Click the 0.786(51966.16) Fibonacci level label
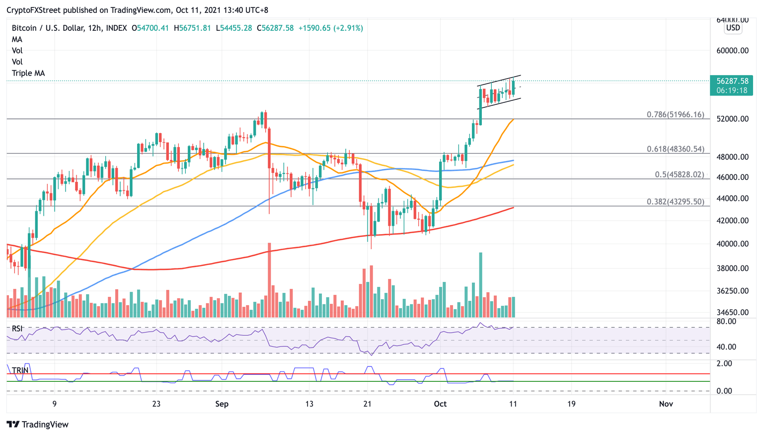point(675,114)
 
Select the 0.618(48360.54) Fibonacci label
point(675,149)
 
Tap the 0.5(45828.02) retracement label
point(679,174)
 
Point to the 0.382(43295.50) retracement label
point(675,201)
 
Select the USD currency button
point(733,28)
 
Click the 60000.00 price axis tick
point(732,50)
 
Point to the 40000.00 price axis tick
point(732,244)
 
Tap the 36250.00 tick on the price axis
point(732,290)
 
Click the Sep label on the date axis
point(222,404)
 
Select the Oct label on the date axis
point(440,404)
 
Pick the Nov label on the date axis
point(666,404)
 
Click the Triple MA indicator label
point(28,73)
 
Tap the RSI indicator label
point(17,329)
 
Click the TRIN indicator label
point(20,370)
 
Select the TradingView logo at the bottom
point(38,425)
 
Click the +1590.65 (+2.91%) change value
point(330,28)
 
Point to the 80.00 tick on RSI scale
point(726,321)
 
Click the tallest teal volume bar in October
point(480,285)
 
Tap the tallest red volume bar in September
point(269,280)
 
